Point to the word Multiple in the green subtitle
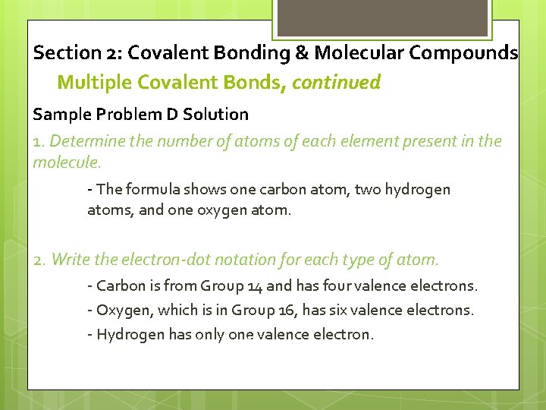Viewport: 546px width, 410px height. coord(88,82)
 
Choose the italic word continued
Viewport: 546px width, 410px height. coord(336,82)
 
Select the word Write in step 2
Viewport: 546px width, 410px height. coord(69,260)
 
